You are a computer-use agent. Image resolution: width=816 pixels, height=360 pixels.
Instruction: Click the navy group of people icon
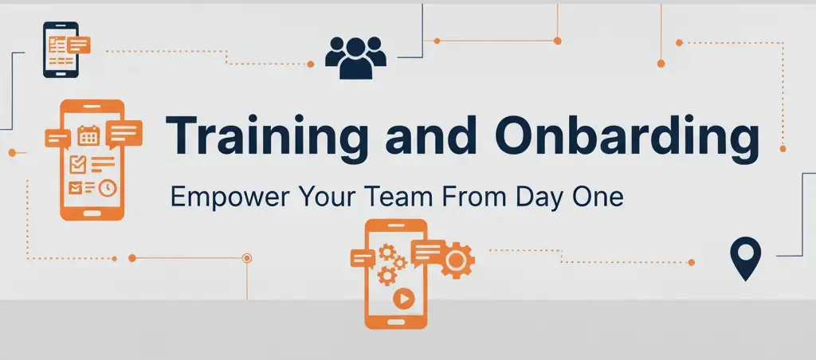click(x=355, y=57)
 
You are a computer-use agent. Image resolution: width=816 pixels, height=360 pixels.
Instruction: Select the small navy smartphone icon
click(x=60, y=49)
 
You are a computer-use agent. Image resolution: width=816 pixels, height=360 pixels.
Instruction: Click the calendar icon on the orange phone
click(x=88, y=136)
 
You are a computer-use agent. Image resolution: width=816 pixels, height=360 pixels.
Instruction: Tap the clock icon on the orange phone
click(x=106, y=187)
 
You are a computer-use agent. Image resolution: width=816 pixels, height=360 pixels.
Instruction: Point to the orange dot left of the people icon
click(x=310, y=65)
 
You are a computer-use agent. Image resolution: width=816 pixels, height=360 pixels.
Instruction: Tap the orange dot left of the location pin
click(x=691, y=262)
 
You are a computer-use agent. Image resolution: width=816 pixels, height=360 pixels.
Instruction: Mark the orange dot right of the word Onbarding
click(x=783, y=147)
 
